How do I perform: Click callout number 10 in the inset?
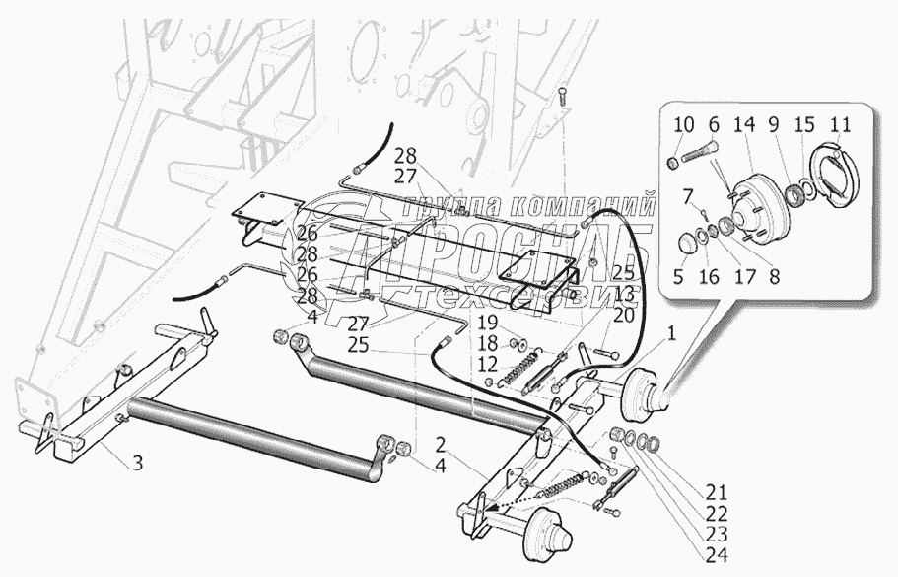click(684, 125)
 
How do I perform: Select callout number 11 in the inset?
click(839, 125)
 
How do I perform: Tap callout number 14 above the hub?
click(743, 125)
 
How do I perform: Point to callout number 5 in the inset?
click(679, 277)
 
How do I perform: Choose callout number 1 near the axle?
click(671, 334)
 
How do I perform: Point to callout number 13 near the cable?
click(622, 295)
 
